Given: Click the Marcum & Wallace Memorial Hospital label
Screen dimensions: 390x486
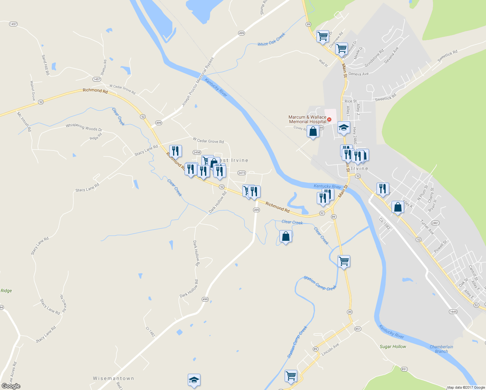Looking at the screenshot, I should tap(307, 119).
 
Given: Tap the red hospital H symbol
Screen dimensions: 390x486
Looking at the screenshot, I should tap(329, 120).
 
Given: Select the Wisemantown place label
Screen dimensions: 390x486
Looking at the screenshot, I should tap(113, 378).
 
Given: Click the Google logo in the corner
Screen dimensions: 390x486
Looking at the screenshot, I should tap(11, 386).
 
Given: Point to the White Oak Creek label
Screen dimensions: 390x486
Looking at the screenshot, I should tap(271, 39).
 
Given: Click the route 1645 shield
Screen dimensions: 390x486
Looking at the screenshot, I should tap(453, 312).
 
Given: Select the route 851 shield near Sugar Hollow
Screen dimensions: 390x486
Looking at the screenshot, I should tap(404, 369).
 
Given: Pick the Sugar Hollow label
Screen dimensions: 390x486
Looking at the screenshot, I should tap(393, 346).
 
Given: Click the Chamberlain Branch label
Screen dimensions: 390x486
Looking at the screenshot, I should tap(441, 349).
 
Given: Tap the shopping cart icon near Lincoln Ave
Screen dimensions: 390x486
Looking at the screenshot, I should tap(291, 376).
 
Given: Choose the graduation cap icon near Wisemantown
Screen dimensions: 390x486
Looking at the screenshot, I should tap(194, 380).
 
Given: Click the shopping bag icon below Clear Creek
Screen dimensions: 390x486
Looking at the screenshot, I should tap(286, 236).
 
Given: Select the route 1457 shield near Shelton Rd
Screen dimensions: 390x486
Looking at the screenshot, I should tap(96, 79).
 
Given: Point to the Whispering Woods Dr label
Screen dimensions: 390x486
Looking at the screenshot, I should tap(84, 127).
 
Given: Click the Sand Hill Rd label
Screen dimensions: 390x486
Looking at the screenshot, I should tap(45, 65).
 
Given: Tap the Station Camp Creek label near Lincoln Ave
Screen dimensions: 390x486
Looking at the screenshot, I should tap(297, 342).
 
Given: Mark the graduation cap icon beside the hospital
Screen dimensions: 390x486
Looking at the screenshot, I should tap(343, 127).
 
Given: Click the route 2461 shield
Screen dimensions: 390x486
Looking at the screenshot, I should tap(435, 223).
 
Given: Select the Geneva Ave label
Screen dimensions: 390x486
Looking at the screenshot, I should tap(358, 74).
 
